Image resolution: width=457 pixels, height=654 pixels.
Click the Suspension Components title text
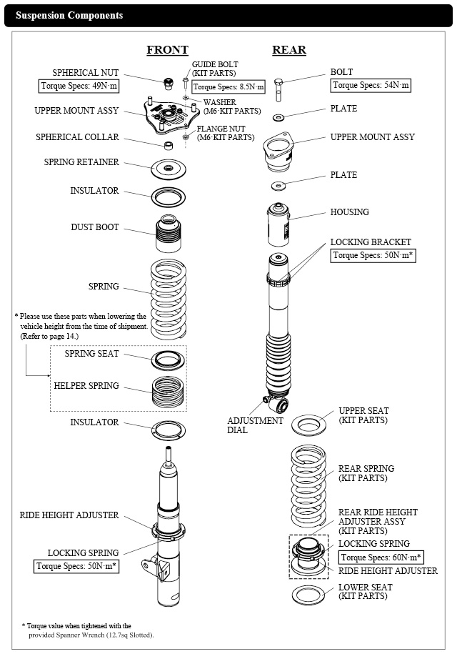coord(69,15)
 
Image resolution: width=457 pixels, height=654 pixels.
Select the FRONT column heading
coord(167,49)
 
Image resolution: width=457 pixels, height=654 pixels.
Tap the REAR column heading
coord(289,49)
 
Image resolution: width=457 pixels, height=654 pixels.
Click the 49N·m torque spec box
coord(79,86)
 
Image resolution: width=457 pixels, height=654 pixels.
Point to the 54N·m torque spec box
coord(371,86)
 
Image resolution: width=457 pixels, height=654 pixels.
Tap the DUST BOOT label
coord(95,227)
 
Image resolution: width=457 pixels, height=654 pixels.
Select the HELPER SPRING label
coord(86,386)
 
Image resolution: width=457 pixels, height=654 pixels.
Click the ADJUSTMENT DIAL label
coord(255,425)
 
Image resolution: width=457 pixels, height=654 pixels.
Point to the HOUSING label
coord(349,212)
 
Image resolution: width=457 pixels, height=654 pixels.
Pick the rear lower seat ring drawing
coord(308,595)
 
